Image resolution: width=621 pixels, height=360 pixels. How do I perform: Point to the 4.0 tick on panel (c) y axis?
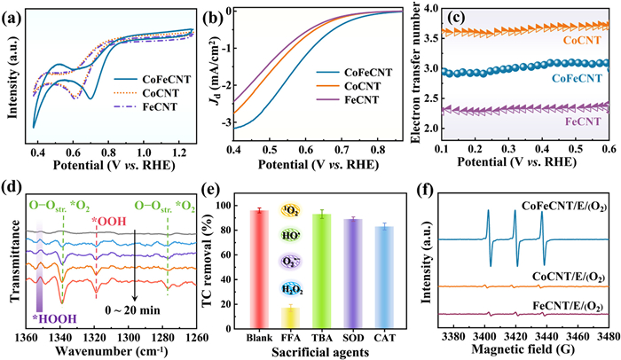(430, 9)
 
